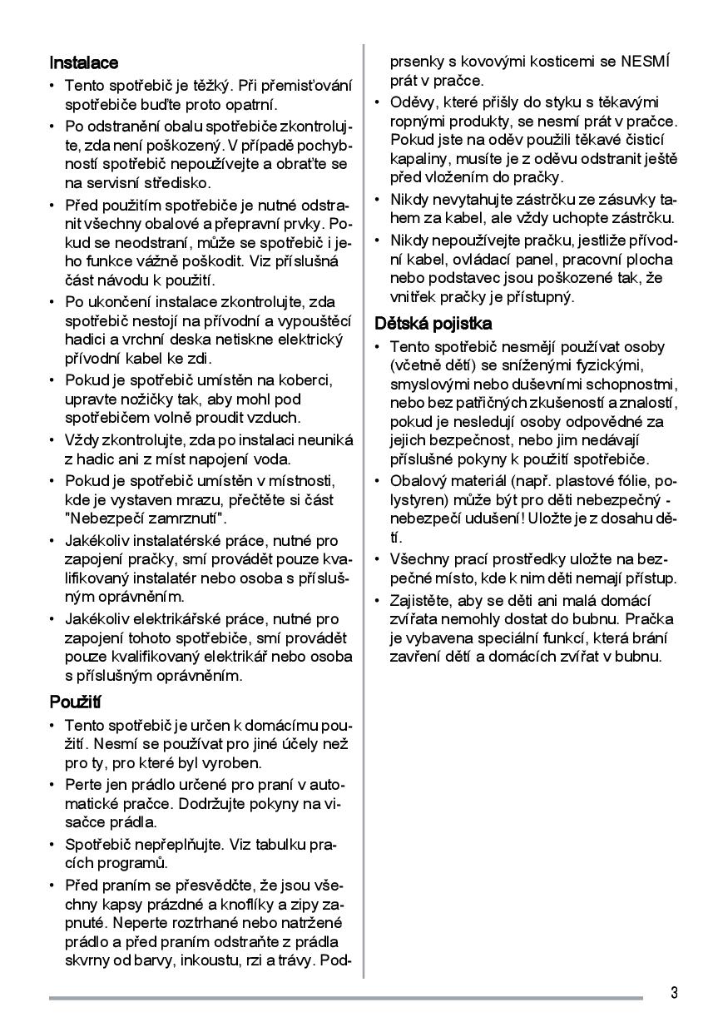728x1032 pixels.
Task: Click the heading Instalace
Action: point(83,62)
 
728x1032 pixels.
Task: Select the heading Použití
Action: point(75,702)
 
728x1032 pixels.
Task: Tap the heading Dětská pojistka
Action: point(433,323)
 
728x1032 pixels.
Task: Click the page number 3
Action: point(674,992)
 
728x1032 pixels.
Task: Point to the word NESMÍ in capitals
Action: point(645,62)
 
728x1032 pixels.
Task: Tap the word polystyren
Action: point(418,500)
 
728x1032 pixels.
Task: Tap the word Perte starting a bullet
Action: point(82,784)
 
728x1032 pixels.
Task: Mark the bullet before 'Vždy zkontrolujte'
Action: point(53,439)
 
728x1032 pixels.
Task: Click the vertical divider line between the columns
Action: point(364,499)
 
